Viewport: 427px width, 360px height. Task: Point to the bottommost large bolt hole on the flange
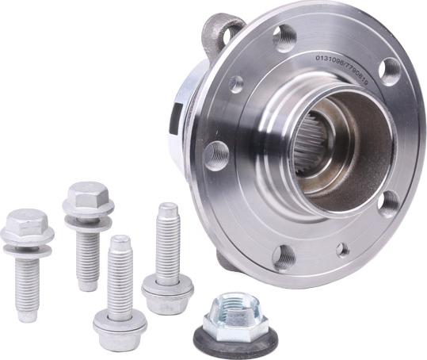click(x=284, y=256)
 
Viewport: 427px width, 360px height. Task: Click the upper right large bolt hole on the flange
click(x=389, y=71)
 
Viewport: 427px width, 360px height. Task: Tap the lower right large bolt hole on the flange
click(x=388, y=202)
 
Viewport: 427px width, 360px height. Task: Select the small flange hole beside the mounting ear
click(x=236, y=83)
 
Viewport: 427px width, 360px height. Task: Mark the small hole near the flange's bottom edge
click(x=342, y=249)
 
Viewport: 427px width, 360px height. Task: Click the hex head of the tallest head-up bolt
click(x=88, y=198)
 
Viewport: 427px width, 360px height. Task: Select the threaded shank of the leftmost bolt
click(x=29, y=286)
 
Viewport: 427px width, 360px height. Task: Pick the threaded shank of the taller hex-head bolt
click(x=89, y=258)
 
